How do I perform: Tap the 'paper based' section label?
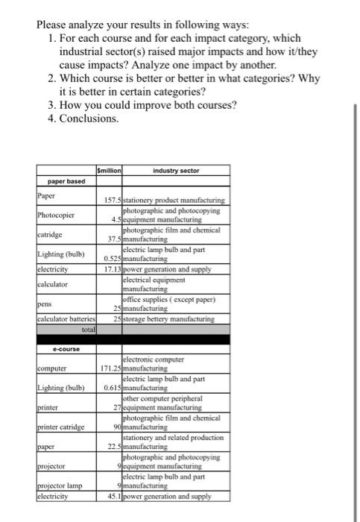[x=67, y=181]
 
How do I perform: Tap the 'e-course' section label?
[x=66, y=349]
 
